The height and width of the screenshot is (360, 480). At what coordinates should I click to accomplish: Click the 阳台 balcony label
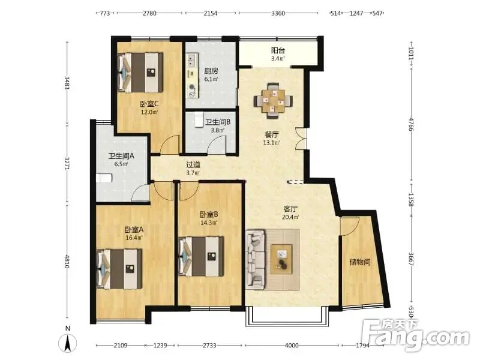(278, 50)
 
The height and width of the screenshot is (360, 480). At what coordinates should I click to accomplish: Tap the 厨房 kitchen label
(211, 71)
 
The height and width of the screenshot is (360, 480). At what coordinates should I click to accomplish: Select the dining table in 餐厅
(273, 100)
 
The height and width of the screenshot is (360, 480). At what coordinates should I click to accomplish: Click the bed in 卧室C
(140, 73)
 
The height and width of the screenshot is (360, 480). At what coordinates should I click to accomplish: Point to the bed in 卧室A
(119, 269)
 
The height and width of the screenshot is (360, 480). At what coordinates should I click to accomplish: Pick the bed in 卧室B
(201, 256)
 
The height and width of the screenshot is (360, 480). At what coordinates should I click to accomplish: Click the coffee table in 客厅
(281, 259)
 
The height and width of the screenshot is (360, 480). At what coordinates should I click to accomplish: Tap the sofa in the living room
(255, 259)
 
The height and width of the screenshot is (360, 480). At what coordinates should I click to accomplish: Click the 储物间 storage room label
(360, 262)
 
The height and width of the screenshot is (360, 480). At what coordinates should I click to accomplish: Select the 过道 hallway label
(193, 164)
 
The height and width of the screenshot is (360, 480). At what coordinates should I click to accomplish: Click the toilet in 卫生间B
(199, 119)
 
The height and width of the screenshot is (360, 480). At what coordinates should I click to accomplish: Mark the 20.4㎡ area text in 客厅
(290, 217)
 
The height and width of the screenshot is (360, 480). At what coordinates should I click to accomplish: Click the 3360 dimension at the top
(278, 13)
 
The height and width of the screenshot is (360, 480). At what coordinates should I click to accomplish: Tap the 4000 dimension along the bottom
(292, 346)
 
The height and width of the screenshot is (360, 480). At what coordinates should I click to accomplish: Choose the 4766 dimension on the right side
(411, 124)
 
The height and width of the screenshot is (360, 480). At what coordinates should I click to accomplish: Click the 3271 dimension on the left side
(67, 163)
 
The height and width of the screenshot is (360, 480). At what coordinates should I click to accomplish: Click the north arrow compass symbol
(68, 341)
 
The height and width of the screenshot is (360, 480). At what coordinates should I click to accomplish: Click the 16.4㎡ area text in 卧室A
(133, 237)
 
